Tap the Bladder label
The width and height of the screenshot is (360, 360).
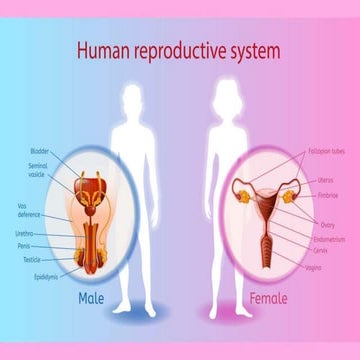click(39, 150)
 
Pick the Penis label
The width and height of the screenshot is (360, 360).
click(23, 245)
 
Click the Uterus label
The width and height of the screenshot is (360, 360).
click(325, 180)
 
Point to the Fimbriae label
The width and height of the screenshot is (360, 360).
click(328, 196)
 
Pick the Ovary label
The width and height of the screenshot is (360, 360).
click(326, 225)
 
